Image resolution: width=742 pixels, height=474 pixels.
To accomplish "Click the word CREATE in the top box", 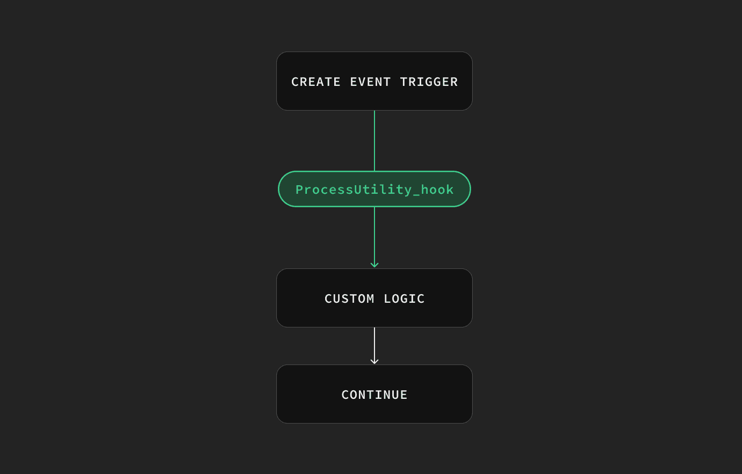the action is point(315,82).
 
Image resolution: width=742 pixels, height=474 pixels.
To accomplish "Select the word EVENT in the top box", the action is point(370,82).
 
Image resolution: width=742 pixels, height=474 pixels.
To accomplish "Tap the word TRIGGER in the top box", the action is point(429,82).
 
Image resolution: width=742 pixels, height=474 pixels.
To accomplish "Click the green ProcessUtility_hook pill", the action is point(374,189).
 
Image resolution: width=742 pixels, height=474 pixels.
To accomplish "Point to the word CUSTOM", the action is point(349,298).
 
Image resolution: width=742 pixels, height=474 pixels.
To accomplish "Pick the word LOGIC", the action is point(404,298).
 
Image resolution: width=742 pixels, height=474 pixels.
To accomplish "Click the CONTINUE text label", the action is point(374,395).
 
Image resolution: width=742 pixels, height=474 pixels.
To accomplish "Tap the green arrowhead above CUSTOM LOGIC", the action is point(374,265).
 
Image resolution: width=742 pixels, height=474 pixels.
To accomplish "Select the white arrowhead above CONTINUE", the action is point(374,361).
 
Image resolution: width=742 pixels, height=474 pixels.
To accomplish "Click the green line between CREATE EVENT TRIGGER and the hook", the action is point(374,141).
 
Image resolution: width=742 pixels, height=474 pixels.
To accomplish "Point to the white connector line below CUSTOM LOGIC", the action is point(374,345).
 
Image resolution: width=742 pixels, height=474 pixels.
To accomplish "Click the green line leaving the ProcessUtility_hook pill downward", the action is point(374,237).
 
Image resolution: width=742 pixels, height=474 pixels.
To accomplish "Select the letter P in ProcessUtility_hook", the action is point(299,189).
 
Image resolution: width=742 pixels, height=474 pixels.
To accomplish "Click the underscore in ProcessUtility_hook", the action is point(416,194).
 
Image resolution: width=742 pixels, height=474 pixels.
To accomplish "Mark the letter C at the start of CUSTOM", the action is point(328,298).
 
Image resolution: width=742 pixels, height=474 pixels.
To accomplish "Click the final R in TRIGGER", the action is point(454,82).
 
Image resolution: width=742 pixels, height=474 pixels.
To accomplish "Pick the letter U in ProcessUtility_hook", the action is point(357,189).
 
